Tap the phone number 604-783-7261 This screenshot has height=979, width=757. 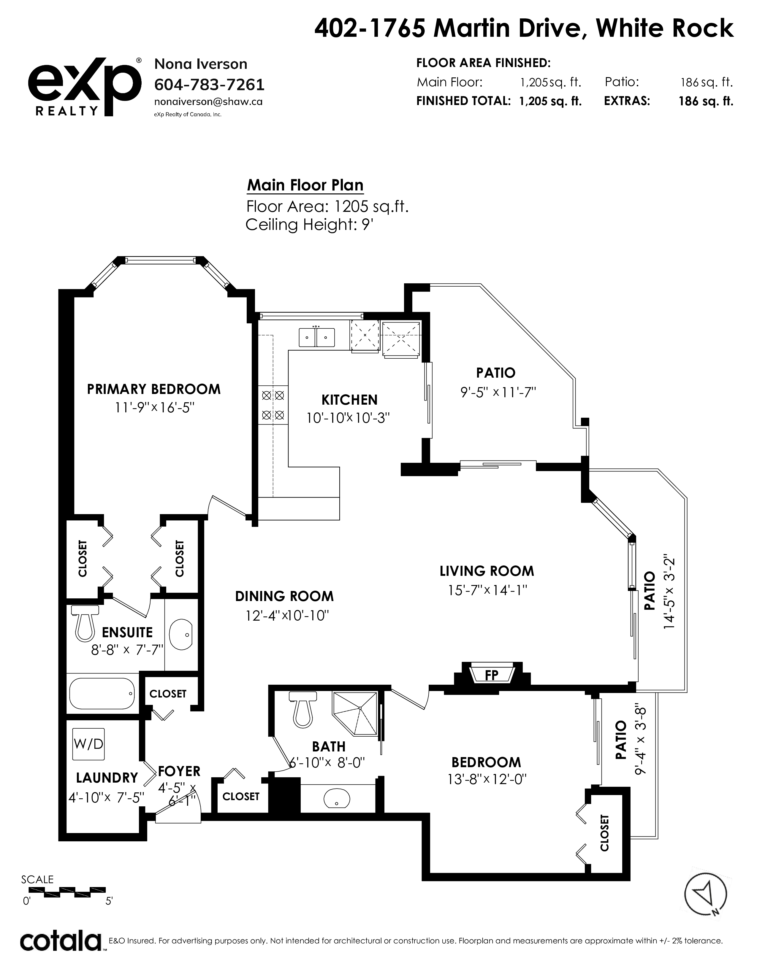pos(209,84)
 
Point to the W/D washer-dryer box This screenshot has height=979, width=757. pos(88,744)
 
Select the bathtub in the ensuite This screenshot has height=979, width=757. pos(102,693)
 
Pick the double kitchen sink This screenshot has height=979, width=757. pos(317,337)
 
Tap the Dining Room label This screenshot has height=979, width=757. pos(284,596)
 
